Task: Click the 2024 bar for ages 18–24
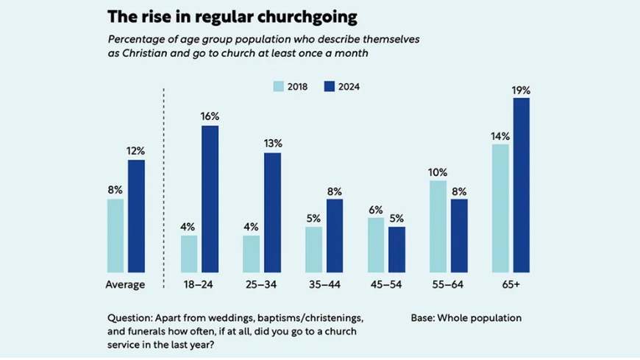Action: (210, 199)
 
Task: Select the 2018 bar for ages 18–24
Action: (189, 253)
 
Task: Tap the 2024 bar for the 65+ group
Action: (521, 184)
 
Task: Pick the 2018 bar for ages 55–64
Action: (438, 226)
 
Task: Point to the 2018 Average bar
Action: (115, 235)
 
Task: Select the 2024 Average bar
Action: (136, 216)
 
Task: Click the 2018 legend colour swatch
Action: (279, 86)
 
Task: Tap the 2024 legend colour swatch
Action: (329, 86)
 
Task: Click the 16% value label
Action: (210, 116)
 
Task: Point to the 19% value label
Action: (521, 90)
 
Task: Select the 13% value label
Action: (272, 144)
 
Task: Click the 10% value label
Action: (438, 172)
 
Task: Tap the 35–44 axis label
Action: (324, 284)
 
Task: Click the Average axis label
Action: (126, 284)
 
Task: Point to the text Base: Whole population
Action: (466, 318)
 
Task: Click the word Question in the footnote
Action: (130, 318)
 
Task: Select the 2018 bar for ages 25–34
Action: (252, 253)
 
